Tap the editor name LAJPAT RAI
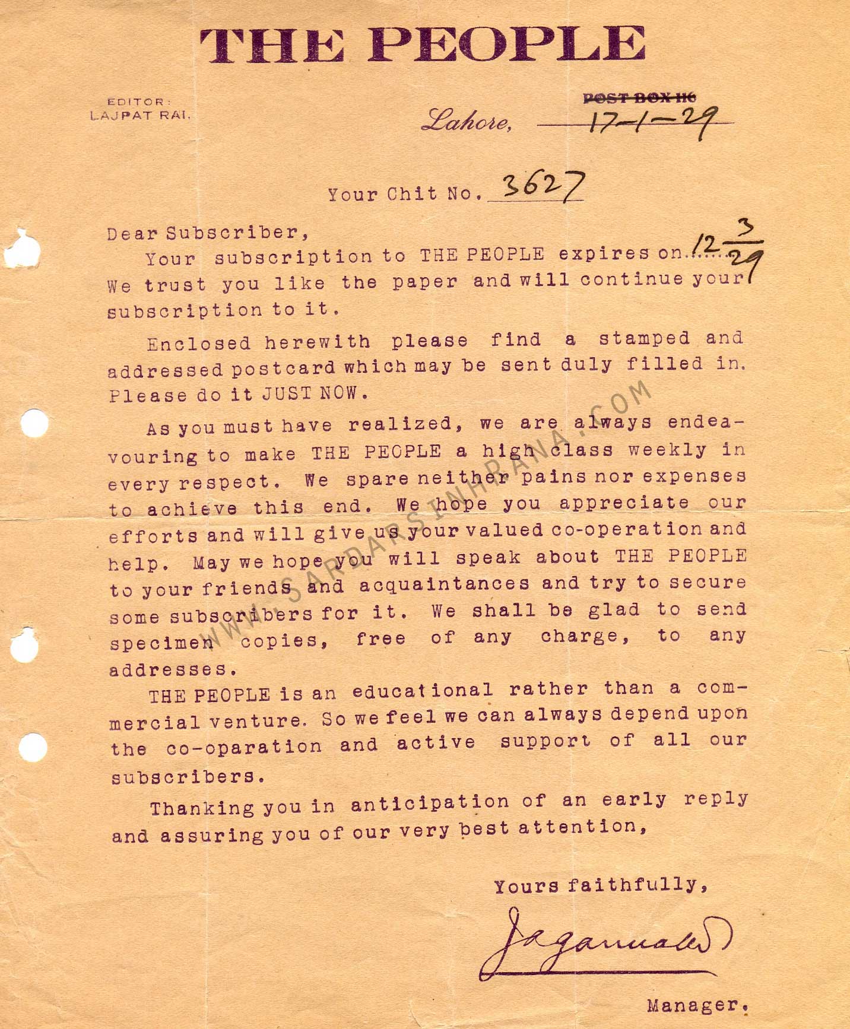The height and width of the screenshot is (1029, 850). point(141,116)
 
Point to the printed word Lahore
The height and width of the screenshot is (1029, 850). point(466,122)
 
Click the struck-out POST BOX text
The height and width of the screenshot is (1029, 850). point(639,99)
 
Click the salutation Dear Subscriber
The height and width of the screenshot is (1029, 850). point(208,233)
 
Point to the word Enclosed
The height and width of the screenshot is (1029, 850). point(199,344)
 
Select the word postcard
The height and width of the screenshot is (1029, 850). point(283,368)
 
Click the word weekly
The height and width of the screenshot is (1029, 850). point(668,450)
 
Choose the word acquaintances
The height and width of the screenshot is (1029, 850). point(444,585)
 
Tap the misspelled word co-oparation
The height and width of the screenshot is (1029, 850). point(243,747)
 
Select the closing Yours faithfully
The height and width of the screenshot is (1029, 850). point(600,886)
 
